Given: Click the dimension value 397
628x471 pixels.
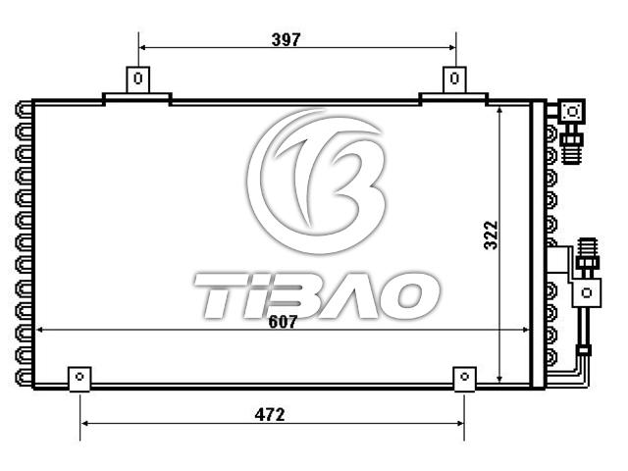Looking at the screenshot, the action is pos(286,39).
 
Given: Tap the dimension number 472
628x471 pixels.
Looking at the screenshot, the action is pos(270,414).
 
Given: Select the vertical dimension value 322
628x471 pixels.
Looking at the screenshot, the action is pos(491,235).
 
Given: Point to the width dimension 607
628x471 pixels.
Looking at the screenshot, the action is pos(283,322).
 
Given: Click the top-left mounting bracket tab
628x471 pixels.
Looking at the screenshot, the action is pos(138,79).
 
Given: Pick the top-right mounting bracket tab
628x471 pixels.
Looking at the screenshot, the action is pos(454,79).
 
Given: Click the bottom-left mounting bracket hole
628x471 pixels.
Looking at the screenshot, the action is pos(79,377).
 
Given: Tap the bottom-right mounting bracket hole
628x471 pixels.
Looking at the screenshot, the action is pos(464,377).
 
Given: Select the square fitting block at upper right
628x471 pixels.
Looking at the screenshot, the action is pos(572,111).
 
